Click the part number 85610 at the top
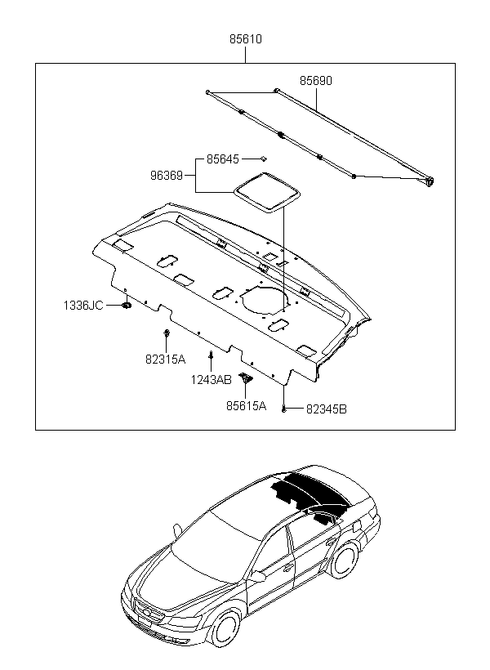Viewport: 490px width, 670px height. tap(246, 39)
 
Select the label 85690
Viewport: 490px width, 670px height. tap(316, 81)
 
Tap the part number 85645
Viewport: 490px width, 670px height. tap(223, 159)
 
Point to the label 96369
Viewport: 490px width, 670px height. tap(167, 175)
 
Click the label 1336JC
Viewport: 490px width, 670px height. tap(84, 306)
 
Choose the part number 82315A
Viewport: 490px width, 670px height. tap(165, 360)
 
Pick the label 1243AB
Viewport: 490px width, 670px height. tap(211, 379)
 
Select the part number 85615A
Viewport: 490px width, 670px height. tap(246, 406)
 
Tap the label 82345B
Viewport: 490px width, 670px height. tap(327, 409)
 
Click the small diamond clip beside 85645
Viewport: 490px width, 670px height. tap(264, 159)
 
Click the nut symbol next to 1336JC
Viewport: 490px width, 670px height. tap(127, 306)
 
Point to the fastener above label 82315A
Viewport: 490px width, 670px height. tap(167, 333)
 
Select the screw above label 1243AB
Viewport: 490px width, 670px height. tap(211, 355)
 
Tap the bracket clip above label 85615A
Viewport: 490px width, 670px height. tap(246, 377)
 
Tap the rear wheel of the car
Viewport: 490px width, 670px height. tap(345, 560)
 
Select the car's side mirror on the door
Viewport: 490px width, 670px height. tap(258, 577)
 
